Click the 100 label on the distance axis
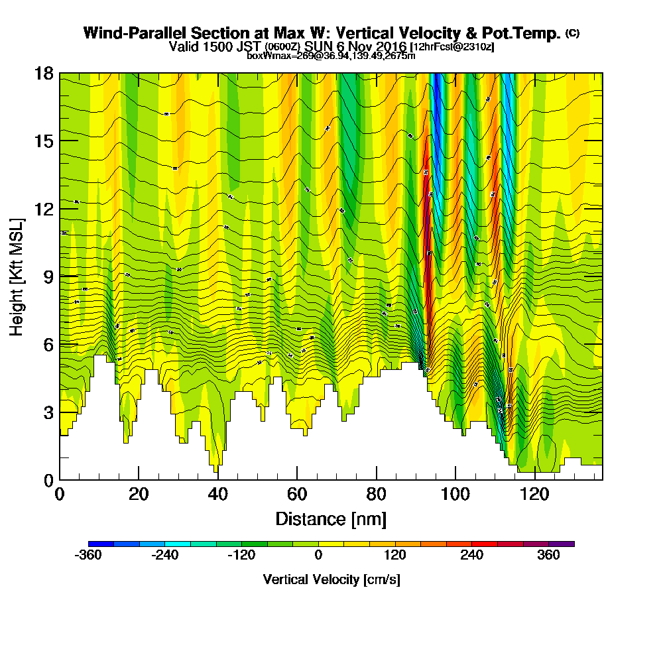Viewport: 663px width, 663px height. (455, 495)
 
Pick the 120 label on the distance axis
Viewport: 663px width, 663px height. (534, 495)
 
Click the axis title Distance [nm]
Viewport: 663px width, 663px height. (331, 518)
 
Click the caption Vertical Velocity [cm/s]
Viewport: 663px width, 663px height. (331, 580)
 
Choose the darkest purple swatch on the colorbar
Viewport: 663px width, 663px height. (562, 544)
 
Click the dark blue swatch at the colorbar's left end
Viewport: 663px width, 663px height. (101, 544)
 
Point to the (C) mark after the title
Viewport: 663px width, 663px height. (572, 33)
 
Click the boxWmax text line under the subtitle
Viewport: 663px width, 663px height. (331, 56)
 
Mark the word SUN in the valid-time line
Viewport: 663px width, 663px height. (318, 47)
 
